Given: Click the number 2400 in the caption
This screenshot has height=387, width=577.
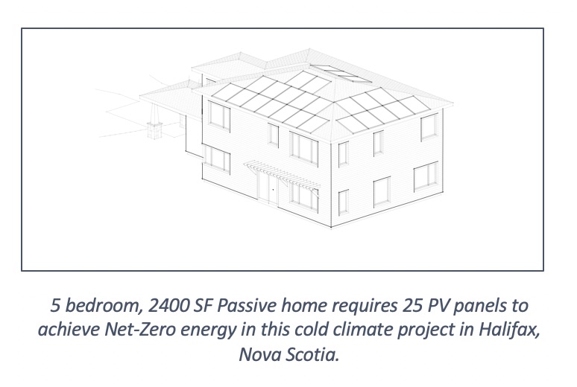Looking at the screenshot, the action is (168, 306).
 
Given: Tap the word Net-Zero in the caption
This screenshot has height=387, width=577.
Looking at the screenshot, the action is (140, 330).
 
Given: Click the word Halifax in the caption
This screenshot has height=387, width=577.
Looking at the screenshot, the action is (509, 330).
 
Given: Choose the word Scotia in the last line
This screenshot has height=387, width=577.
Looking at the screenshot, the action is (312, 355).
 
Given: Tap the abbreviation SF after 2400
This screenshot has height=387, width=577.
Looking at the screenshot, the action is (203, 306).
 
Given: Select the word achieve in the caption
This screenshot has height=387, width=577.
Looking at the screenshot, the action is (69, 330).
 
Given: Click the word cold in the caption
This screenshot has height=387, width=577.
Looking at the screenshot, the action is (312, 330).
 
